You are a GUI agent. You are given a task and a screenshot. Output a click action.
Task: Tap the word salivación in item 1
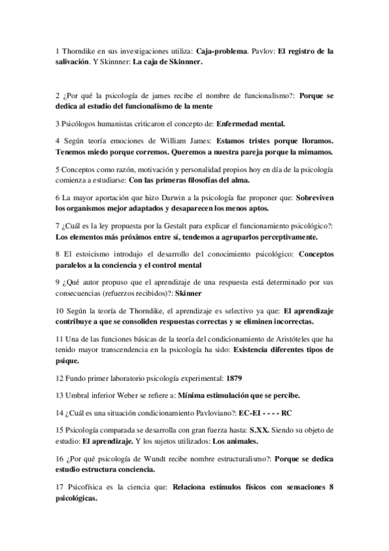click(73, 62)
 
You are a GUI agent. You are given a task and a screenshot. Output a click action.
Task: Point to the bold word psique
click(67, 361)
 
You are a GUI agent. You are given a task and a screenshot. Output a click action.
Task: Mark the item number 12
click(60, 377)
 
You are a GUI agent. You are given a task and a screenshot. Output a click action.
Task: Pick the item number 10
click(60, 311)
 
